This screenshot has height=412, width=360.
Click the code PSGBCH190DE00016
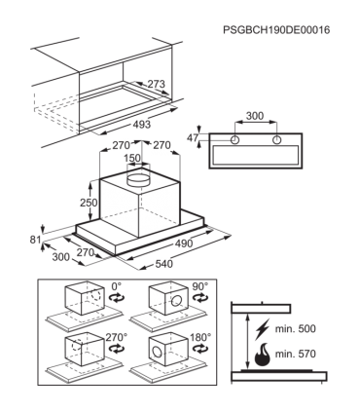coord(276,30)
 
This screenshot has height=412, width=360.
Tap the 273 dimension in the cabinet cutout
coord(157,84)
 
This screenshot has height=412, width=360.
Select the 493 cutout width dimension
coord(142,124)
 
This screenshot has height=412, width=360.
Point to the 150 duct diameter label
coord(132,158)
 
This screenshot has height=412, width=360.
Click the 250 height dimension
coord(89,203)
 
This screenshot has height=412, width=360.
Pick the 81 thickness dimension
coord(35,240)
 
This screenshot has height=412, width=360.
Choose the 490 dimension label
coord(184,243)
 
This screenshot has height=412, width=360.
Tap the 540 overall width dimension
coord(164,264)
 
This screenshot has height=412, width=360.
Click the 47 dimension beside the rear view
coord(193,138)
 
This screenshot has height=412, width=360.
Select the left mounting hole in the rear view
coord(234,140)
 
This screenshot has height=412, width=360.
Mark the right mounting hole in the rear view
coord(276,140)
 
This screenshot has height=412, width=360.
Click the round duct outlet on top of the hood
coord(138,179)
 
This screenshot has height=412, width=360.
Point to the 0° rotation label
coord(117,286)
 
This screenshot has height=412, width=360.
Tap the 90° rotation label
coord(200,286)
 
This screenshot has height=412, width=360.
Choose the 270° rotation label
coord(117,337)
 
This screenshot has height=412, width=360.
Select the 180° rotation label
coord(200,337)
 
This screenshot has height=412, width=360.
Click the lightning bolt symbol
coord(262,328)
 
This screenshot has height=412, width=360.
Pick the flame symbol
coord(263,355)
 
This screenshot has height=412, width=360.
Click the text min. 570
coord(296,354)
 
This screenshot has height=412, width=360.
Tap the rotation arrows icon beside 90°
coord(200,297)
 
